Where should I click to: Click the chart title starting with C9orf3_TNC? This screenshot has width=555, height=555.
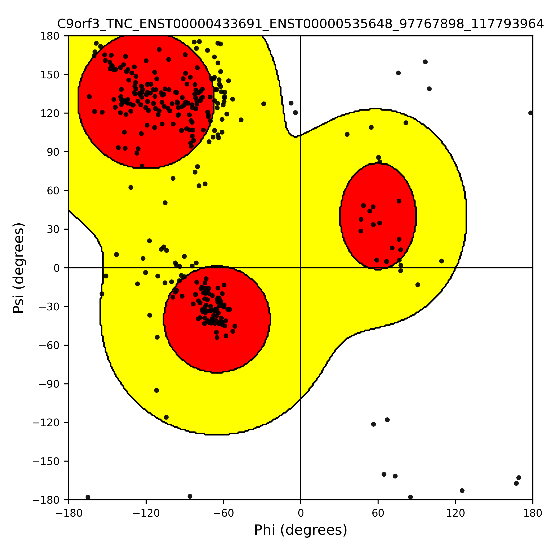tap(300, 24)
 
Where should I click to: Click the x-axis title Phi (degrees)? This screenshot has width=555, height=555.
tap(300, 530)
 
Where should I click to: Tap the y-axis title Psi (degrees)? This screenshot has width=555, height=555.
tap(19, 268)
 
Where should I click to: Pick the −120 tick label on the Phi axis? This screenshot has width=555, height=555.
tap(146, 513)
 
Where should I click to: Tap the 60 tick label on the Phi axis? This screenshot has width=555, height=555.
tap(378, 513)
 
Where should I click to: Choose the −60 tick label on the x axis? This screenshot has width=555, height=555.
tap(223, 513)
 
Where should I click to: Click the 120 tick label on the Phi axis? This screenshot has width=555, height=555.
tap(455, 513)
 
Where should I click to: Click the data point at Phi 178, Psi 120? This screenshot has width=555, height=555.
tap(530, 113)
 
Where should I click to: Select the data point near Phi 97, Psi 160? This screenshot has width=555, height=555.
tap(425, 62)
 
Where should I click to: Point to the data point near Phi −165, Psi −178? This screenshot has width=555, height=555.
tap(88, 497)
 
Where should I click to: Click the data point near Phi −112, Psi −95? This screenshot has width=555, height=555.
tap(157, 390)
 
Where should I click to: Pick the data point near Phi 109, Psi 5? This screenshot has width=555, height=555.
tap(441, 261)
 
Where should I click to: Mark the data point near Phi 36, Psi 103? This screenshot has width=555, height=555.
tap(347, 134)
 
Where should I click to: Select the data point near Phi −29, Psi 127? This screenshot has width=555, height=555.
tap(264, 104)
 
